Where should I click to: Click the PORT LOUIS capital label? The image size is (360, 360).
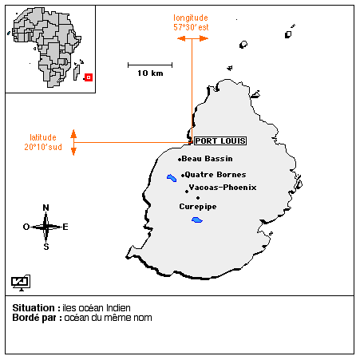coord(220,140)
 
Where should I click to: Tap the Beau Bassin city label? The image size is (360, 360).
coord(208,159)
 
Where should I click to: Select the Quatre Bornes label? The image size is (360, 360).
coord(216,175)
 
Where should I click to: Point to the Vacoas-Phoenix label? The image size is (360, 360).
coord(223,188)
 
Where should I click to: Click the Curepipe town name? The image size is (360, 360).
coord(198,207)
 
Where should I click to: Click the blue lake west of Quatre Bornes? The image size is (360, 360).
coord(172,178)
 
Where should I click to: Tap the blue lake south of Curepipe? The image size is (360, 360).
coord(197,220)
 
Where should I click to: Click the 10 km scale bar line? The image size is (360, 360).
coord(150,65)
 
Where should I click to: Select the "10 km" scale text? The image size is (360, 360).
coord(150,73)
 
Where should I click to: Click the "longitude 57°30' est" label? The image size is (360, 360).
coord(191,22)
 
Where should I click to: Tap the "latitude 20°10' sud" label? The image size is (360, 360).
coord(43,142)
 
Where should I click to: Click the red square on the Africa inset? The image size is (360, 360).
coord(89,77)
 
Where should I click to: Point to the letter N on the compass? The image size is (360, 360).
coord(45,208)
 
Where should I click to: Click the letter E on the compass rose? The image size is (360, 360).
coord(65,227)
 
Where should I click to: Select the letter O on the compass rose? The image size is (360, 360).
coord(26,227)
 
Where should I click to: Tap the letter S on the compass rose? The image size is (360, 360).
coord(46,247)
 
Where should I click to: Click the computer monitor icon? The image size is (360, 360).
coord(21,283)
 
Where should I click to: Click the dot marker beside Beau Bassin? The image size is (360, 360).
coord(180,160)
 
